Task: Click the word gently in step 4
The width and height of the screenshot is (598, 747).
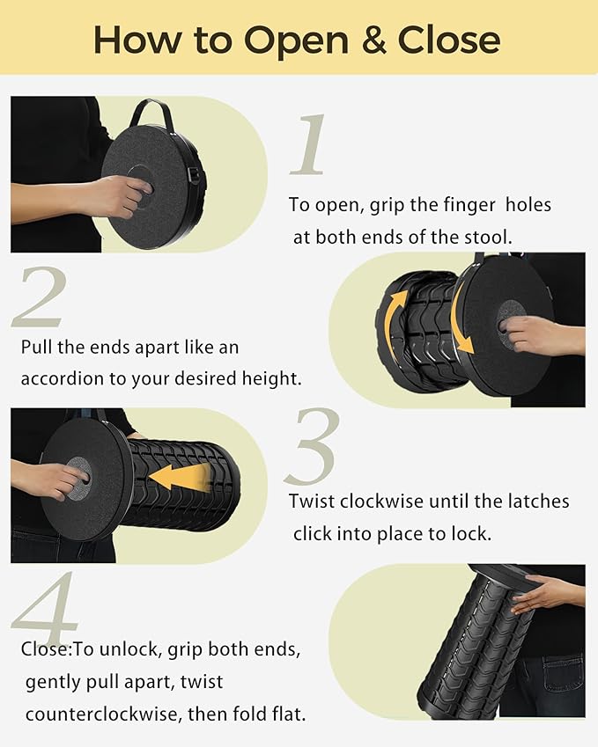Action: [54, 682]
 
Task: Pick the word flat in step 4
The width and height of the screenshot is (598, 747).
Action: [287, 714]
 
